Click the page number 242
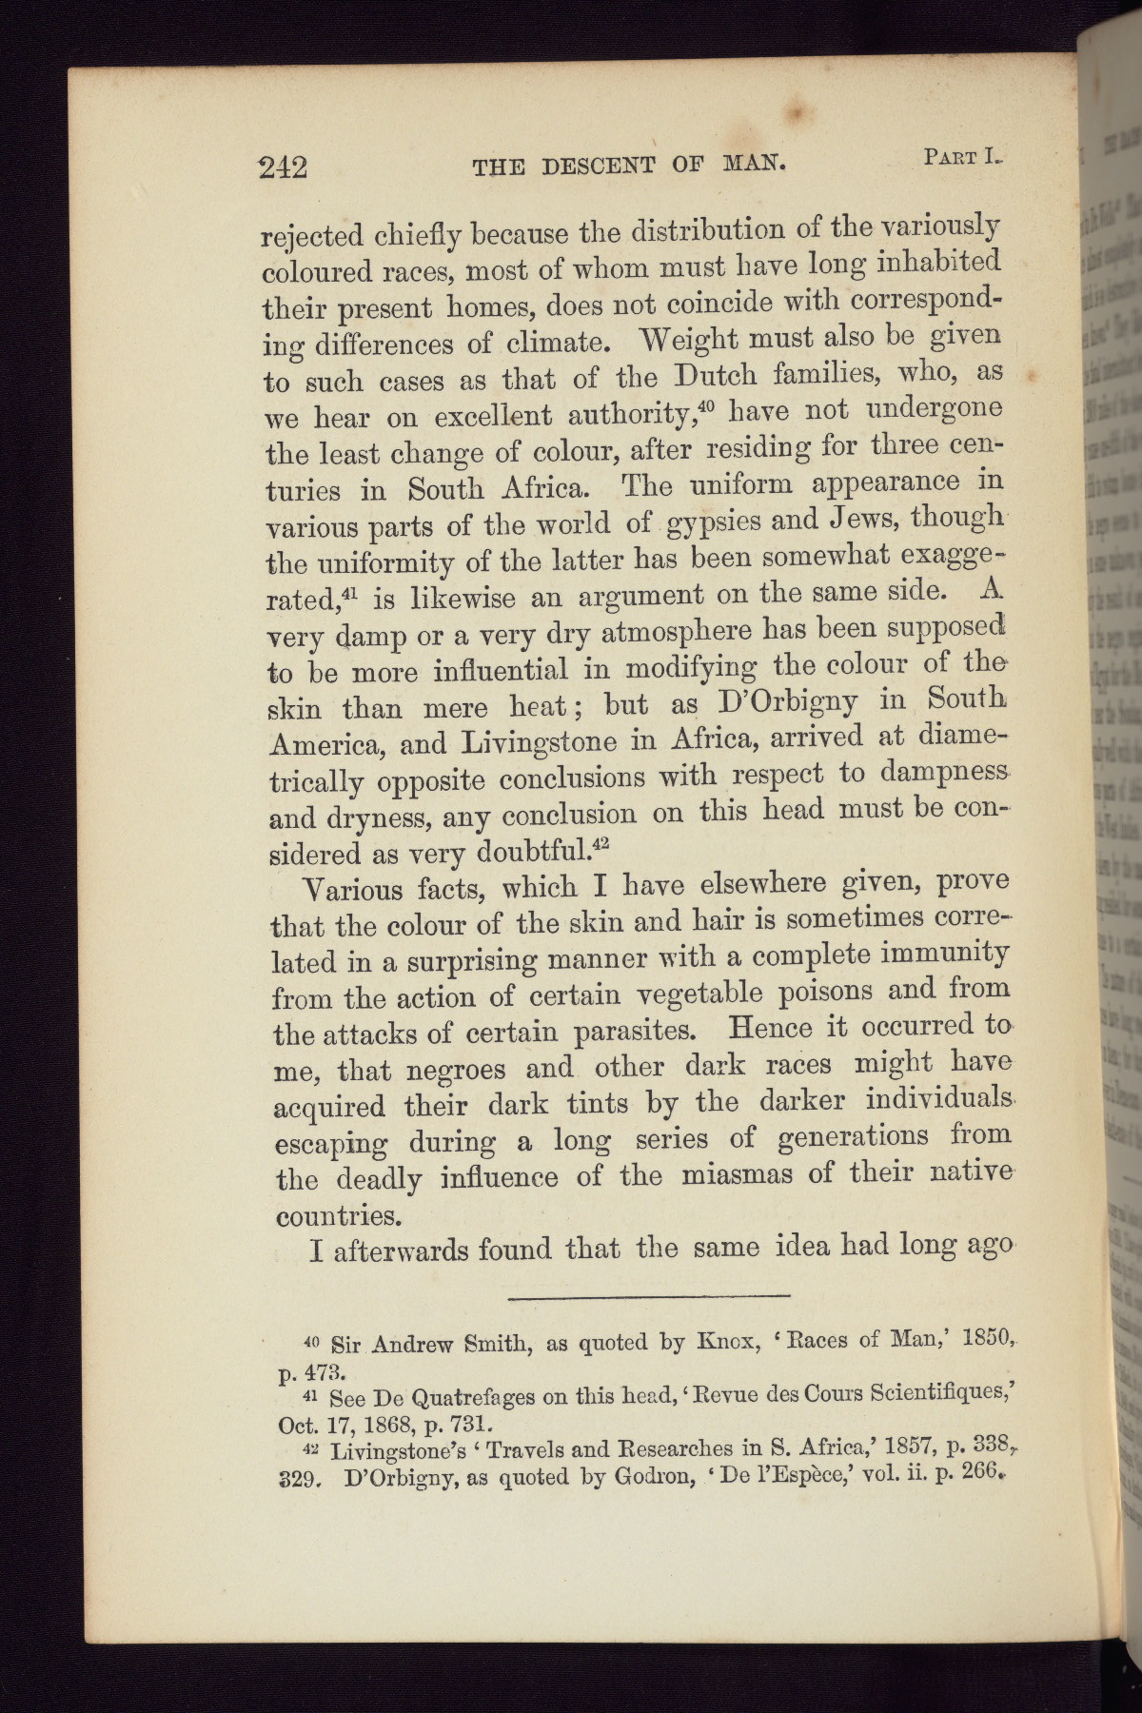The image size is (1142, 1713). pos(283,167)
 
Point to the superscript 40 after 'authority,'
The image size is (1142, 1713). pos(705,405)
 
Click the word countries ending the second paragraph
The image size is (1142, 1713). pos(334,1216)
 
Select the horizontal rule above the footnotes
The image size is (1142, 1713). pos(650,1295)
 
